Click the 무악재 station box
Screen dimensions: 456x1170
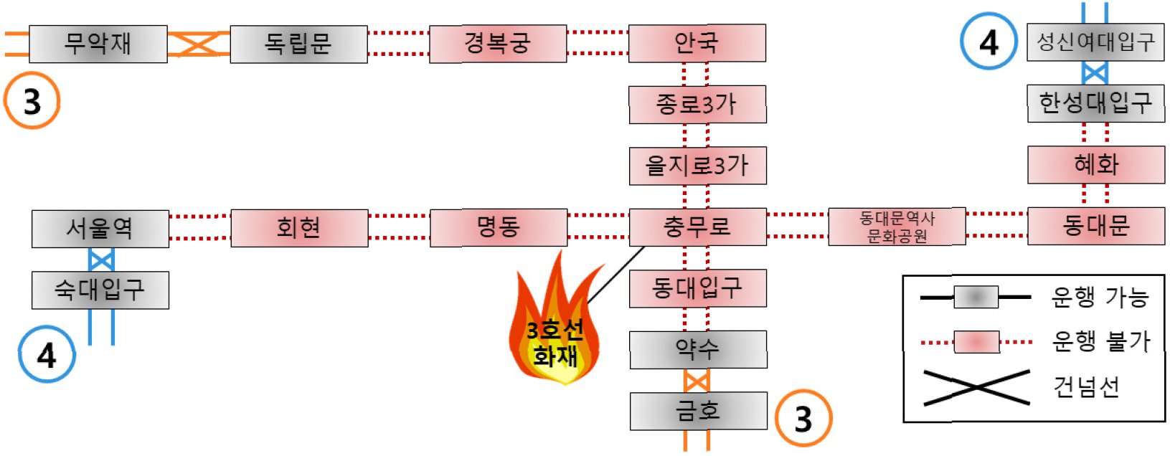98,44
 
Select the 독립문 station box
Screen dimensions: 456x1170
298,44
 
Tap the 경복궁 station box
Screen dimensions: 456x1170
498,44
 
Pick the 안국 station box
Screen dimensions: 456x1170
697,43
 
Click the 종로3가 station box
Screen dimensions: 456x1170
697,105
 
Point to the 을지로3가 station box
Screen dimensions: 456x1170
697,166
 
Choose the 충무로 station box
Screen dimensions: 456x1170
697,227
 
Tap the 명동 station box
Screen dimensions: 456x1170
498,227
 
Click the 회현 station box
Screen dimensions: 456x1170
299,228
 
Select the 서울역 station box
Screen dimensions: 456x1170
100,229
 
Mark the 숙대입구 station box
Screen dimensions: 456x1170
100,290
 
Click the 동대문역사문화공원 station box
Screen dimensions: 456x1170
897,227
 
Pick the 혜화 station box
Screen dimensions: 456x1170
1095,165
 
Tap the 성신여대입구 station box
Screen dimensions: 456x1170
1095,42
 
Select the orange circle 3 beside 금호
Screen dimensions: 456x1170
803,419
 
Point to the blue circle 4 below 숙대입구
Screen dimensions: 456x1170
47,354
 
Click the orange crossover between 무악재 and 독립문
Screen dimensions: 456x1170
198,44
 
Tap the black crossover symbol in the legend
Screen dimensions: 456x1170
976,388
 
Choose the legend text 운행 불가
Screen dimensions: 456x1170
1100,341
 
